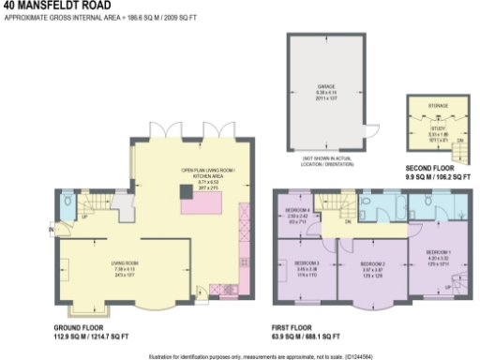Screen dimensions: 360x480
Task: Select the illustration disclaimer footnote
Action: pos(240,355)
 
